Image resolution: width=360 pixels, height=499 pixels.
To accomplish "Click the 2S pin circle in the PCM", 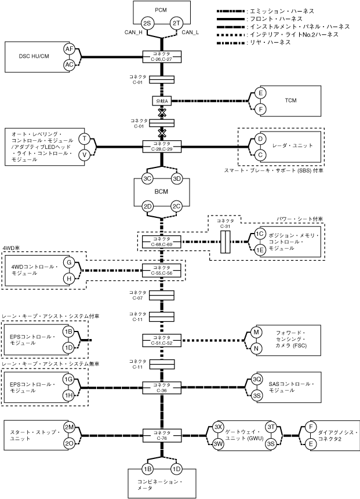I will tap(147, 23).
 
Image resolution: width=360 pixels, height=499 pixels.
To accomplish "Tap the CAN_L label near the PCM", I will tap(191, 32).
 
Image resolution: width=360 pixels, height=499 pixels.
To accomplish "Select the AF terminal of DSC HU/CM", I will tap(70, 50).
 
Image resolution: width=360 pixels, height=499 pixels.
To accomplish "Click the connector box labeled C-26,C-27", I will tap(162, 57).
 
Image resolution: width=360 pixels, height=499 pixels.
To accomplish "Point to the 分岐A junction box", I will tap(162, 100).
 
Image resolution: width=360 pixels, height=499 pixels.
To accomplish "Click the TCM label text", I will tap(290, 100).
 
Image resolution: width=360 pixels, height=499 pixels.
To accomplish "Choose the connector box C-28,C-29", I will tap(162, 146).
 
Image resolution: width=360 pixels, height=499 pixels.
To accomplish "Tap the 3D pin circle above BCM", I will tap(177, 179).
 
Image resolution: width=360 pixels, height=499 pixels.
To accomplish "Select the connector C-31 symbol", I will tap(227, 242).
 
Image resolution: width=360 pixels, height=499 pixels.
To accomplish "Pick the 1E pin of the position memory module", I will tap(260, 250).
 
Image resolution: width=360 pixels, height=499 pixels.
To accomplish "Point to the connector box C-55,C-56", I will tap(162, 269).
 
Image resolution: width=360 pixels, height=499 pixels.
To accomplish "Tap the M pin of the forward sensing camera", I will tap(256, 332).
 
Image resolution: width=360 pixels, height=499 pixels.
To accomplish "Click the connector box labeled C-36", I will tap(162, 387).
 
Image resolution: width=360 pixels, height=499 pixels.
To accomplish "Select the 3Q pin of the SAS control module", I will tap(257, 380).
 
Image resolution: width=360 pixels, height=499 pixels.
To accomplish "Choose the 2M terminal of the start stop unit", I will tap(69, 428).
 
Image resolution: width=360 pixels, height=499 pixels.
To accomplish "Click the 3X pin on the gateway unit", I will tap(219, 427).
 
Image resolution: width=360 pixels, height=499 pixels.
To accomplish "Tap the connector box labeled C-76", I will tap(162, 434).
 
